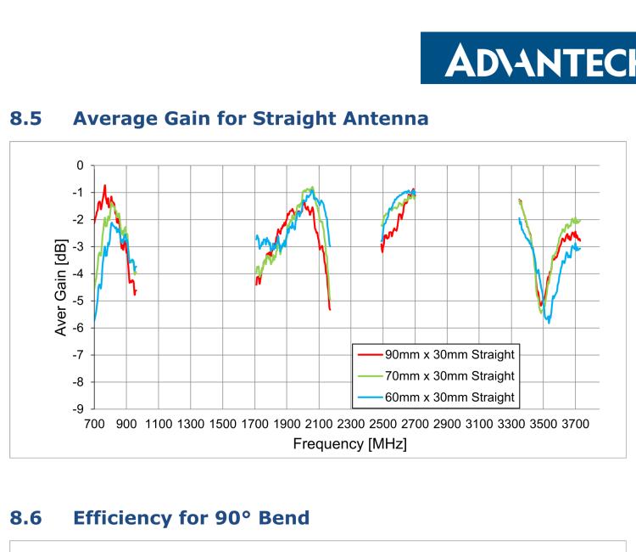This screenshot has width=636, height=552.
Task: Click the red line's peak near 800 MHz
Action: pyautogui.click(x=105, y=185)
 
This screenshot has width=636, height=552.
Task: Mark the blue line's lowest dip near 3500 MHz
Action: pyautogui.click(x=549, y=323)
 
